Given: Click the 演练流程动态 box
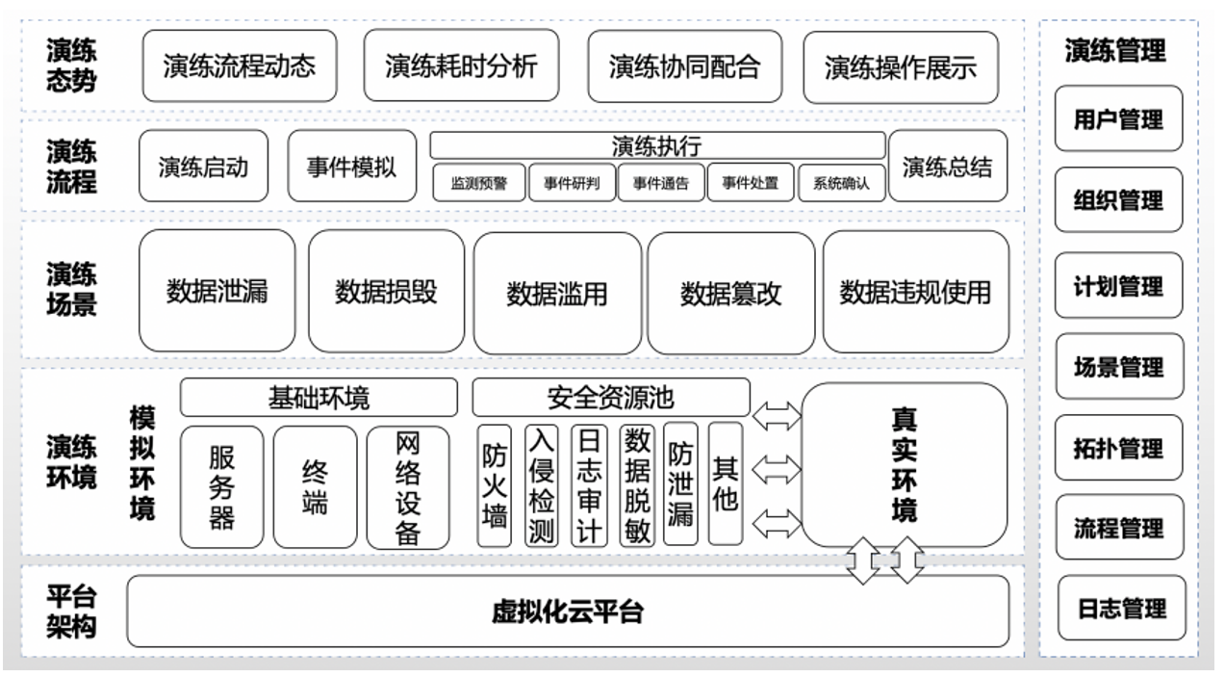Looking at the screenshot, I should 240,66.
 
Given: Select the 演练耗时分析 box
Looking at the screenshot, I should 461,66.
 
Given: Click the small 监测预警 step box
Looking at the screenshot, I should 478,183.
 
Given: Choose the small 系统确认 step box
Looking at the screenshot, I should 841,183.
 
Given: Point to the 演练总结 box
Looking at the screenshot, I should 947,167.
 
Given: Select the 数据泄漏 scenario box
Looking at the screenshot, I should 217,291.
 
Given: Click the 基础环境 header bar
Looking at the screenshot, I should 319,397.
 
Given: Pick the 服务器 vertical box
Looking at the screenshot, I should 221,487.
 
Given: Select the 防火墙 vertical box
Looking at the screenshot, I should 494,487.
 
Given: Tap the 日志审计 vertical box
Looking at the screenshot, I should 589,487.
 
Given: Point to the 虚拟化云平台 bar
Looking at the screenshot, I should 568,612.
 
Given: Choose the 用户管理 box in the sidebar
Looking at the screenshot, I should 1118,119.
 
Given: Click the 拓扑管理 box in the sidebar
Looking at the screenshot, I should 1118,448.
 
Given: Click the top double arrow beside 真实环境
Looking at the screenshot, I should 778,416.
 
